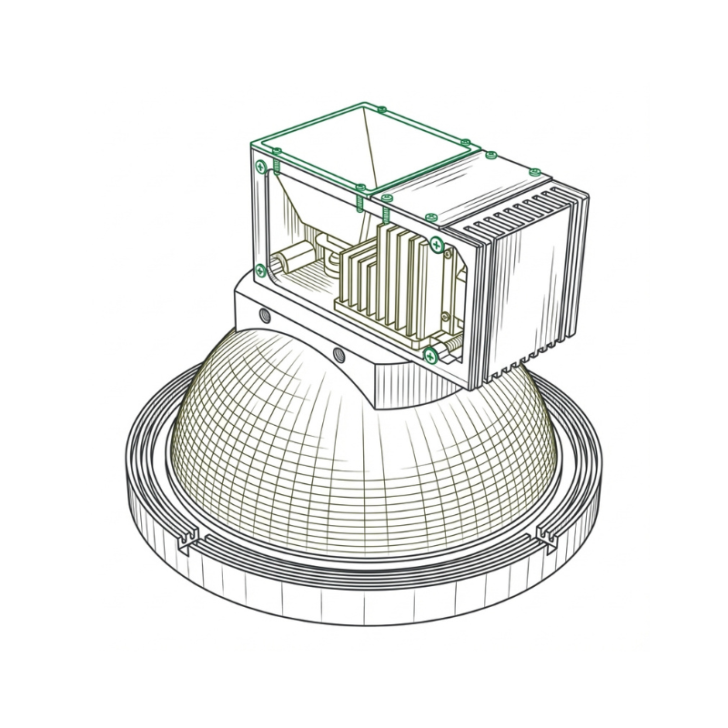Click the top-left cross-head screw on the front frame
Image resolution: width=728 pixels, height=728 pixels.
pos(262,166)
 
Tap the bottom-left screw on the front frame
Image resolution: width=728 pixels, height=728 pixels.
pos(261,269)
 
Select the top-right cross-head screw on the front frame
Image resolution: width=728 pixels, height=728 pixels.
pos(438,244)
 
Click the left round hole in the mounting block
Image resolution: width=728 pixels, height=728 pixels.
pos(265,316)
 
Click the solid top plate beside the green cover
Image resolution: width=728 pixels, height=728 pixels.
pos(455,187)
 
